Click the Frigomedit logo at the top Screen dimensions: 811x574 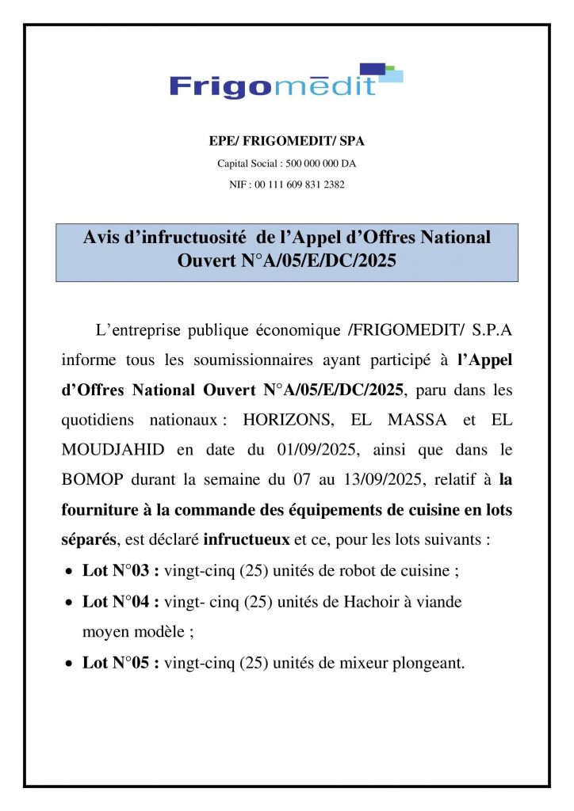click(x=285, y=82)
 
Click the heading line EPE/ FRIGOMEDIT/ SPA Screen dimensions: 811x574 click(x=286, y=141)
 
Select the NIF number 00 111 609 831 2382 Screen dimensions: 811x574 click(x=300, y=184)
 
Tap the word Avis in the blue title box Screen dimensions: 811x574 click(x=101, y=238)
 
